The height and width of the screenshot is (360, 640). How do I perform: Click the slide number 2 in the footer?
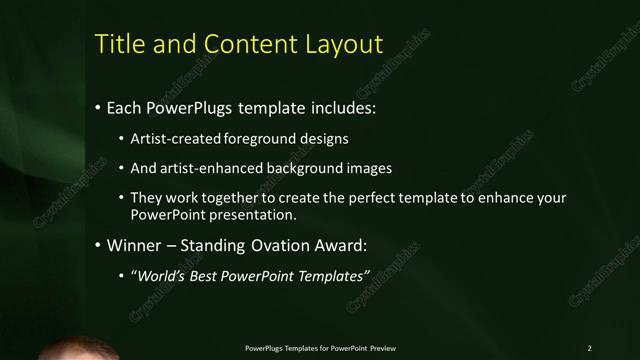point(590,347)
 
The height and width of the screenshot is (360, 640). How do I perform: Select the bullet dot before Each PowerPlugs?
point(98,106)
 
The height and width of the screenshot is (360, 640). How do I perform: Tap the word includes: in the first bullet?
point(341,106)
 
